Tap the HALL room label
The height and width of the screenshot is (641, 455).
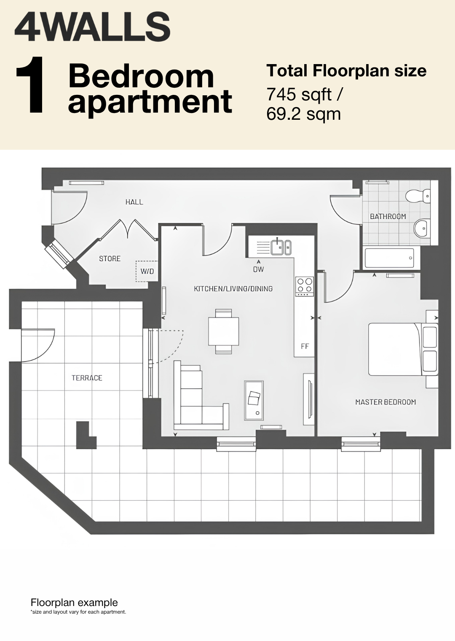pyautogui.click(x=134, y=202)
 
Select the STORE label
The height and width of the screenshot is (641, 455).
pyautogui.click(x=110, y=259)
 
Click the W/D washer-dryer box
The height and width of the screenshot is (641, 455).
pyautogui.click(x=147, y=271)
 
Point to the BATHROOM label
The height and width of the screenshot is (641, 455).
pyautogui.click(x=388, y=216)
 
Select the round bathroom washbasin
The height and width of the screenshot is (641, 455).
pyautogui.click(x=422, y=228)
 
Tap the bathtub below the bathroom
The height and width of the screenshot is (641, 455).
pyautogui.click(x=389, y=258)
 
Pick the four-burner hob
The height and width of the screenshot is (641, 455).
pyautogui.click(x=305, y=286)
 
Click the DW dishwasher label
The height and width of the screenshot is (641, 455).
pyautogui.click(x=259, y=269)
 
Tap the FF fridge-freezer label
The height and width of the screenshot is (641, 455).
pyautogui.click(x=305, y=346)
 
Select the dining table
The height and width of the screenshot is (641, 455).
pyautogui.click(x=224, y=331)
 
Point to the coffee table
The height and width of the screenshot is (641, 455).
pyautogui.click(x=254, y=400)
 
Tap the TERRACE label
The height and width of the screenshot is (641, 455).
pyautogui.click(x=87, y=378)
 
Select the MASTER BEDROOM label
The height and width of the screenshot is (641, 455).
pyautogui.click(x=385, y=402)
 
